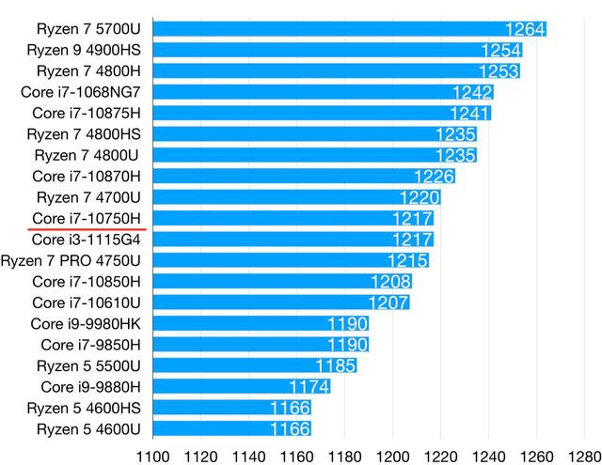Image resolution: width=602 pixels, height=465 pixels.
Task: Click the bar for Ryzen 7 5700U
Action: click(x=348, y=28)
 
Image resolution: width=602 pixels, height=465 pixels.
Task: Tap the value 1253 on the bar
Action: click(x=499, y=70)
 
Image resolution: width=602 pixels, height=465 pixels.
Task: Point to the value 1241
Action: click(x=471, y=113)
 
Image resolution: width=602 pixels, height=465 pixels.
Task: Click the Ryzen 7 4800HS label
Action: click(x=87, y=133)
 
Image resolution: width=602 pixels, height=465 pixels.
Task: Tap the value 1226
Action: click(x=435, y=176)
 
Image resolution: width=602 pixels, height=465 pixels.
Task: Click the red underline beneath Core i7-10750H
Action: click(x=87, y=228)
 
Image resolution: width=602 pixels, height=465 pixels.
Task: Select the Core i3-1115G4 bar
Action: click(x=292, y=239)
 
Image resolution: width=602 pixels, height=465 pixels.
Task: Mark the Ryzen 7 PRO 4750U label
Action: click(x=72, y=260)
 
